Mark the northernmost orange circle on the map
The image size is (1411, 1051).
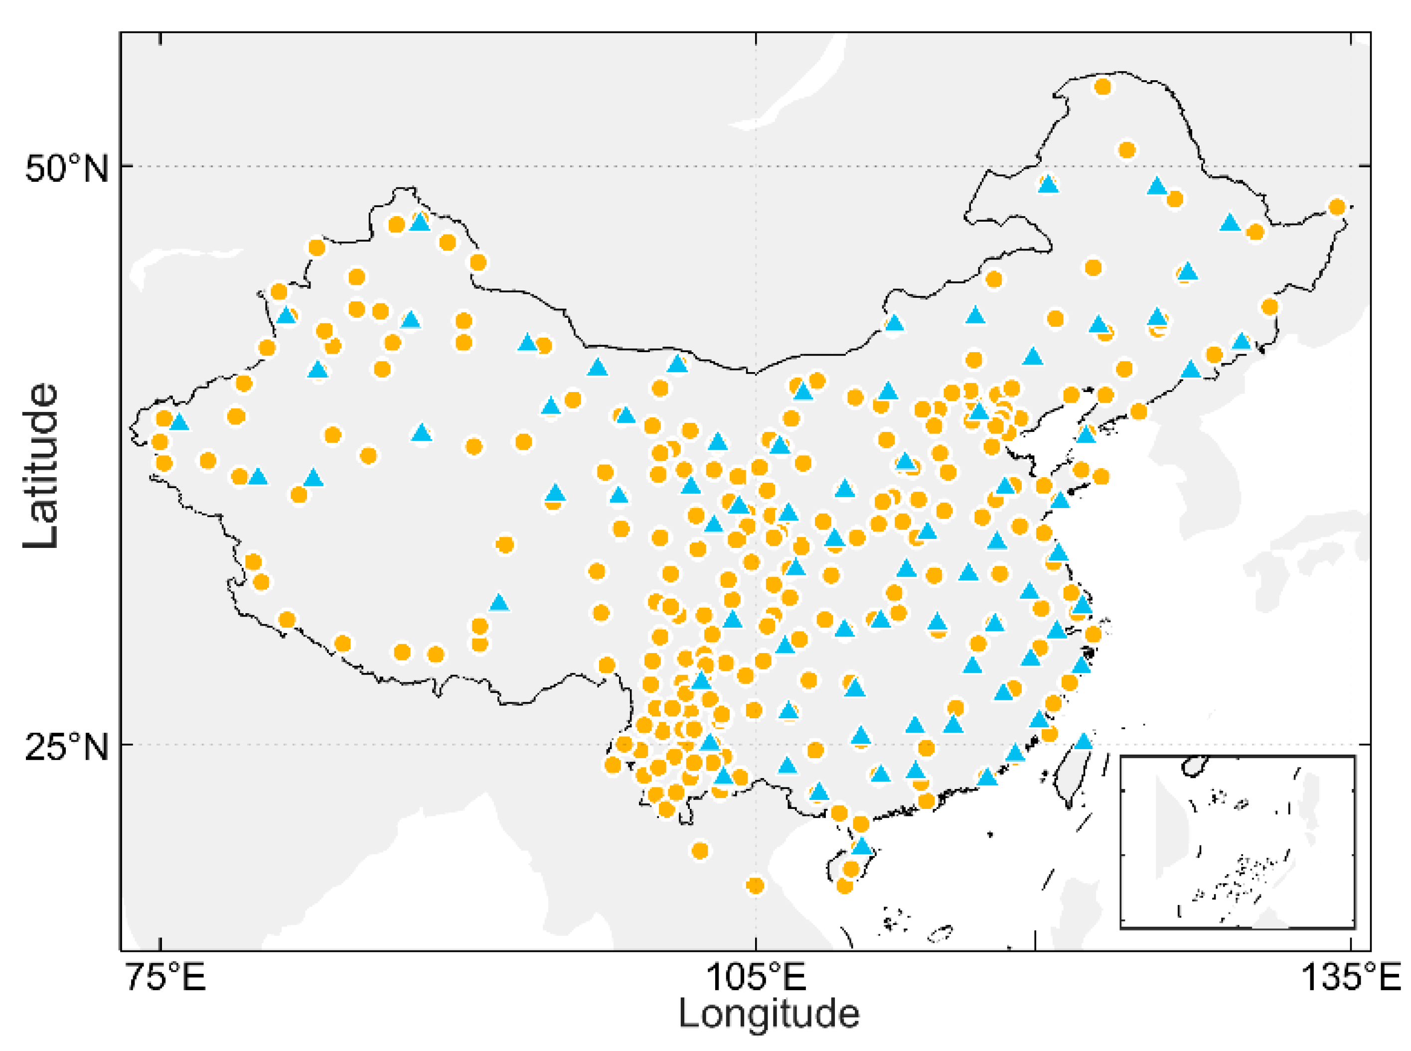(x=1103, y=87)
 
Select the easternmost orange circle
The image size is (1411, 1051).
(x=1337, y=207)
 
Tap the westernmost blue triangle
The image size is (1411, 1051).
(x=179, y=422)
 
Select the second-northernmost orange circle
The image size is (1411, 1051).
(x=1126, y=150)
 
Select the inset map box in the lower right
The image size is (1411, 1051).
(x=1237, y=842)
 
